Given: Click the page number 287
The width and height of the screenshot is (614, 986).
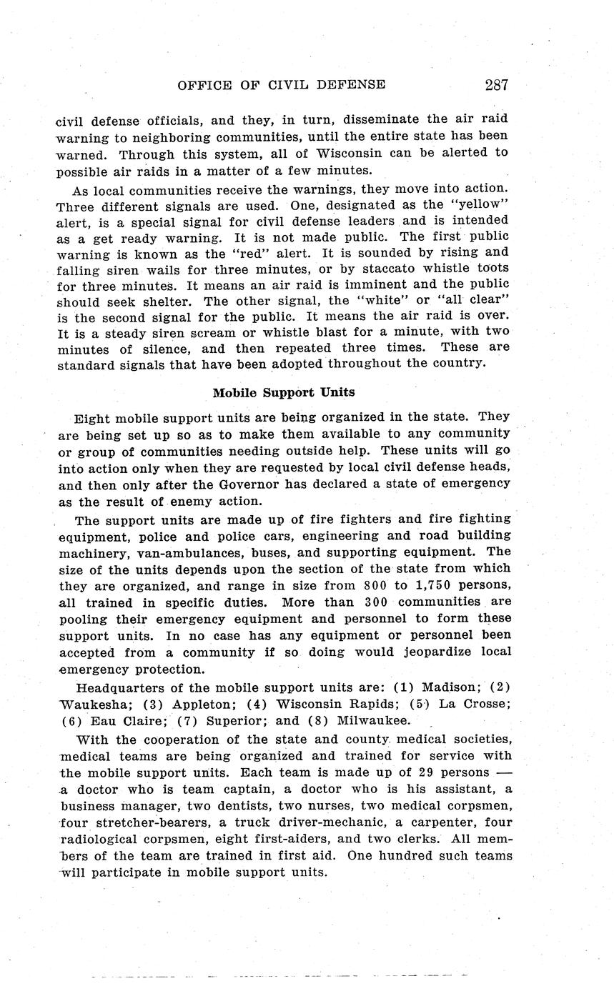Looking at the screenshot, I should tap(496, 85).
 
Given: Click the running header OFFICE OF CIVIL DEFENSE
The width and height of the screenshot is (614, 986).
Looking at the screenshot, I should tap(281, 85).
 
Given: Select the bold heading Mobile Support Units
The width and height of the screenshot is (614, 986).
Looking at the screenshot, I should tap(284, 392).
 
